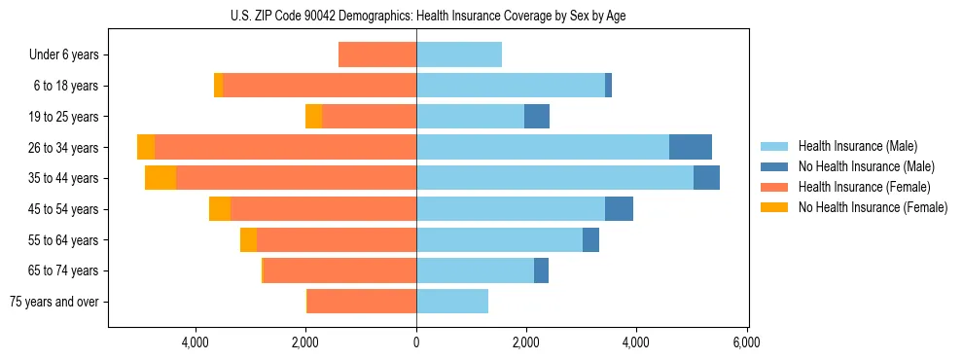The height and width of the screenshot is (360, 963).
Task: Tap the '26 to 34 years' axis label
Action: point(64,148)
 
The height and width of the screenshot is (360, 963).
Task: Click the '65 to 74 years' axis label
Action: point(64,270)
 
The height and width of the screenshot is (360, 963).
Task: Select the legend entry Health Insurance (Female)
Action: point(864,187)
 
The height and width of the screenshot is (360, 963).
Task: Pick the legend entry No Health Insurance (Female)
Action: point(873,207)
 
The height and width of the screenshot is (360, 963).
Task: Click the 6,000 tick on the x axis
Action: point(746,342)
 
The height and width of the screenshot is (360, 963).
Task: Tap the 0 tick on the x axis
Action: point(416,342)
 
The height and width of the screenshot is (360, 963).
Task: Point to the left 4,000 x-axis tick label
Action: point(196,342)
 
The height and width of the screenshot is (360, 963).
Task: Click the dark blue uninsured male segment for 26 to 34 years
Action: point(691,147)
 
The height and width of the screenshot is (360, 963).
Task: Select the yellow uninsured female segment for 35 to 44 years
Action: point(160,178)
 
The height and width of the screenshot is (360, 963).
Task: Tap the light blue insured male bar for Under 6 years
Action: point(459,54)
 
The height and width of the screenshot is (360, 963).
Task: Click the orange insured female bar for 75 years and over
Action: point(362,302)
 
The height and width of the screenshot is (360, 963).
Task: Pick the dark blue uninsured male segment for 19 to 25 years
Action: point(537,117)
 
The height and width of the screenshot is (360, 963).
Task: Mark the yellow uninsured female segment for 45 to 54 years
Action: point(220,209)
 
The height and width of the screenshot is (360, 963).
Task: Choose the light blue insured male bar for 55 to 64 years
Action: point(499,239)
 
